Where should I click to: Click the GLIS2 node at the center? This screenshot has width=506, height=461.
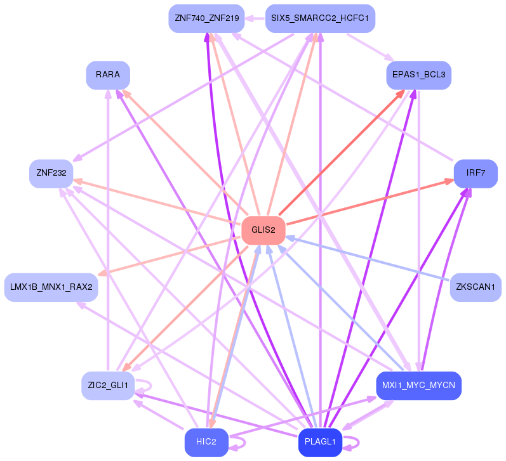pyautogui.click(x=263, y=230)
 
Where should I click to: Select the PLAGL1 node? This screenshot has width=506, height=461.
pyautogui.click(x=320, y=442)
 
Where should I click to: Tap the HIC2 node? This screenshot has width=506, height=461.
pyautogui.click(x=206, y=442)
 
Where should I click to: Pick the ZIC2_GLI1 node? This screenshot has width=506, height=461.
pyautogui.click(x=108, y=386)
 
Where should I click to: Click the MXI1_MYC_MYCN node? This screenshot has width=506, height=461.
pyautogui.click(x=418, y=386)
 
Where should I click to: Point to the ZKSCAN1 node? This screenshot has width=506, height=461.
pyautogui.click(x=476, y=287)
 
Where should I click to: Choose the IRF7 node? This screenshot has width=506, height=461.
pyautogui.click(x=476, y=174)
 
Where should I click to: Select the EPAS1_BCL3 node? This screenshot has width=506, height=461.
pyautogui.click(x=418, y=75)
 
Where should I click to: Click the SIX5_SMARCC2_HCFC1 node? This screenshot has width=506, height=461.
pyautogui.click(x=320, y=18)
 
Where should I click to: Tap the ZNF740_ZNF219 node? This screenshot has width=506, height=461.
pyautogui.click(x=206, y=18)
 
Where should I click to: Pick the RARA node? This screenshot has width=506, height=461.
pyautogui.click(x=108, y=75)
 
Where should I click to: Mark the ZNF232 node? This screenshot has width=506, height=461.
pyautogui.click(x=51, y=174)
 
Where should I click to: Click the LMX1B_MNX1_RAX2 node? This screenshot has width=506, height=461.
pyautogui.click(x=51, y=287)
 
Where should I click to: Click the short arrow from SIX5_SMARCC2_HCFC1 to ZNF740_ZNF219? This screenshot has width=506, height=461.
pyautogui.click(x=255, y=18)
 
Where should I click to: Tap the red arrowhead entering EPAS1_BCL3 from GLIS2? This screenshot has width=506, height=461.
pyautogui.click(x=400, y=93)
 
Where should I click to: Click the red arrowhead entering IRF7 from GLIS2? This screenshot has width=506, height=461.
pyautogui.click(x=449, y=182)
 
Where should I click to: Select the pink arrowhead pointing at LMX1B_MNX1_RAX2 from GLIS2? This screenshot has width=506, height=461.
pyautogui.click(x=102, y=273)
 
